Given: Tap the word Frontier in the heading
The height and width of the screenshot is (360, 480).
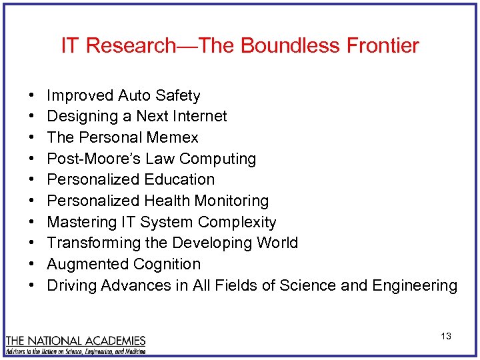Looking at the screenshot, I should pos(383,45).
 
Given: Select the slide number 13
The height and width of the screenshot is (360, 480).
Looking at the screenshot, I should pos(446,336).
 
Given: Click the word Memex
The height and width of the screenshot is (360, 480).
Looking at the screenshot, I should pos(173,138).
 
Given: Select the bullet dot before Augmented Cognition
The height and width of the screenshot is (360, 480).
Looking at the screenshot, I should pos(32,265).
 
